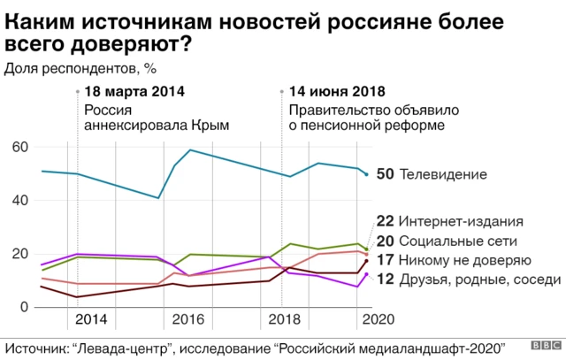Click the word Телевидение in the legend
tap(444, 174)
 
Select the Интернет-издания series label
tap(462, 221)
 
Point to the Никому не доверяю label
tap(464, 260)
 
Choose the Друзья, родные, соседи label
tap(480, 280)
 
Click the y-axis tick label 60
tap(19, 147)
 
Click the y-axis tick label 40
tap(19, 201)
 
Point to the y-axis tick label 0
tap(27, 308)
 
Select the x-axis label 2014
tap(92, 320)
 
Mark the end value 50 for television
tap(385, 174)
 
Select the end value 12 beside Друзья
tap(385, 280)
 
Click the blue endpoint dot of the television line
tap(367, 174)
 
